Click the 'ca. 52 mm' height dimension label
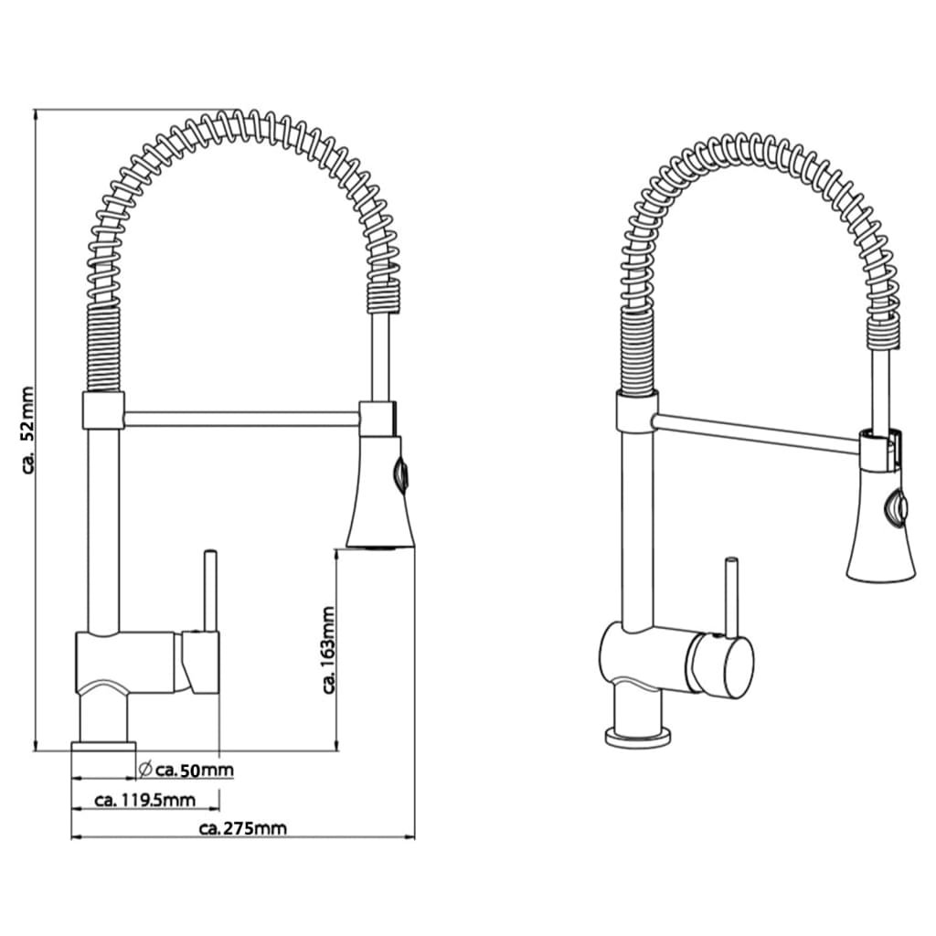click(28, 430)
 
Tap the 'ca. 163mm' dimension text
click(328, 650)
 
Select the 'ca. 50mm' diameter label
click(195, 770)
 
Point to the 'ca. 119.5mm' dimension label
click(145, 799)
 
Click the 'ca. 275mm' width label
click(243, 828)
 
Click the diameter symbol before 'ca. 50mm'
click(145, 769)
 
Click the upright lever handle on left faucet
click(209, 591)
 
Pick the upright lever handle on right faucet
click(731, 598)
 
